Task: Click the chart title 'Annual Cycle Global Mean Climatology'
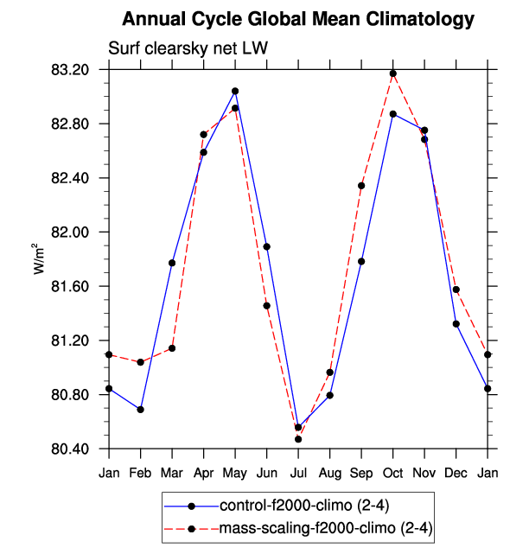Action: click(x=298, y=19)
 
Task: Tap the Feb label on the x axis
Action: click(x=140, y=473)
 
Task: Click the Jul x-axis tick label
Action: click(x=298, y=473)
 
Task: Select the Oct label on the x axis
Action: click(x=393, y=473)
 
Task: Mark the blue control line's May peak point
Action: click(x=235, y=91)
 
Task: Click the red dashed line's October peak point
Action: click(x=393, y=73)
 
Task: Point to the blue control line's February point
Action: click(x=140, y=409)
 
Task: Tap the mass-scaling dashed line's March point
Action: click(x=172, y=348)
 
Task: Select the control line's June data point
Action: click(x=267, y=246)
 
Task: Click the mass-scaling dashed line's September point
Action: click(x=361, y=186)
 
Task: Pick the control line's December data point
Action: click(x=456, y=324)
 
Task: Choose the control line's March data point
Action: click(x=172, y=263)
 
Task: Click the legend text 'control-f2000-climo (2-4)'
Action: click(x=286, y=506)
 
